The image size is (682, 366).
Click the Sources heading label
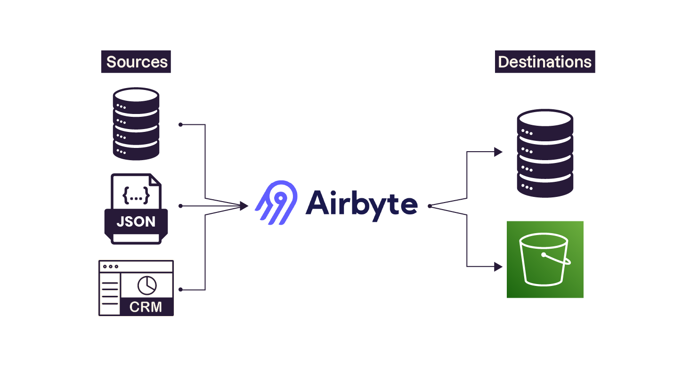(x=136, y=62)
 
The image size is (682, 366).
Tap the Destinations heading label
(x=544, y=62)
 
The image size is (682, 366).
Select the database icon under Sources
(x=136, y=124)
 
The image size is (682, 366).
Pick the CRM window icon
(x=136, y=287)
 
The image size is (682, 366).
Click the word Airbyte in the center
(x=361, y=204)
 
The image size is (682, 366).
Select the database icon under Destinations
(x=545, y=153)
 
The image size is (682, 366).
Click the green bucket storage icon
(x=545, y=259)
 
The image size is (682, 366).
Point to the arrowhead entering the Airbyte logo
(x=244, y=206)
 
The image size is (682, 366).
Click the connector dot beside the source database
(x=180, y=124)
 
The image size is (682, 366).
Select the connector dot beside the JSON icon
(x=180, y=206)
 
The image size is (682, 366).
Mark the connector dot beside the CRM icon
(x=180, y=289)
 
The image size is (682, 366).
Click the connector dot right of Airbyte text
(x=430, y=206)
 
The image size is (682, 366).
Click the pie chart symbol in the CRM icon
(x=147, y=285)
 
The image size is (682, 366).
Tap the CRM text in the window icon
(x=146, y=307)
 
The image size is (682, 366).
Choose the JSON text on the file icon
(x=136, y=221)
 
